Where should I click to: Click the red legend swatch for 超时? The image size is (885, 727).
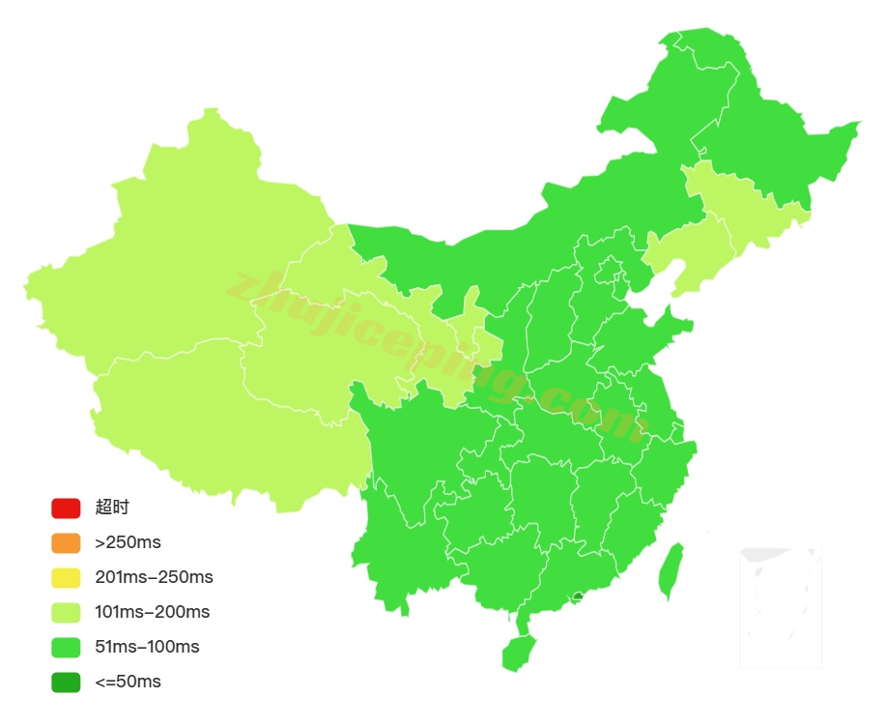click(x=66, y=509)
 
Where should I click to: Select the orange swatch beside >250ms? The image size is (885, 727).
click(x=66, y=543)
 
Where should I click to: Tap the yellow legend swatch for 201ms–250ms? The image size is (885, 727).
click(x=66, y=578)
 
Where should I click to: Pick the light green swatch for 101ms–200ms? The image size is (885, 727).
click(x=66, y=613)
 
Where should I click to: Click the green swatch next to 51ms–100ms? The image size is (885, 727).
click(x=66, y=648)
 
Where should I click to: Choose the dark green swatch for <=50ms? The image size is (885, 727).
click(x=66, y=683)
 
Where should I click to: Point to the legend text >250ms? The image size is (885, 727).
click(x=128, y=543)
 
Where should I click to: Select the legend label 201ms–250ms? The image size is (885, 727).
click(x=154, y=578)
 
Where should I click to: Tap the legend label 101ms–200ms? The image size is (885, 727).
click(x=152, y=613)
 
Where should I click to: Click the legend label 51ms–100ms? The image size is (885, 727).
click(x=147, y=648)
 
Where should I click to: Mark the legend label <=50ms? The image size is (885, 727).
click(x=128, y=683)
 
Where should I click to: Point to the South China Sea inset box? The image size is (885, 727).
click(x=780, y=607)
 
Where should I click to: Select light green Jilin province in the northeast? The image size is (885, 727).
click(x=744, y=203)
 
